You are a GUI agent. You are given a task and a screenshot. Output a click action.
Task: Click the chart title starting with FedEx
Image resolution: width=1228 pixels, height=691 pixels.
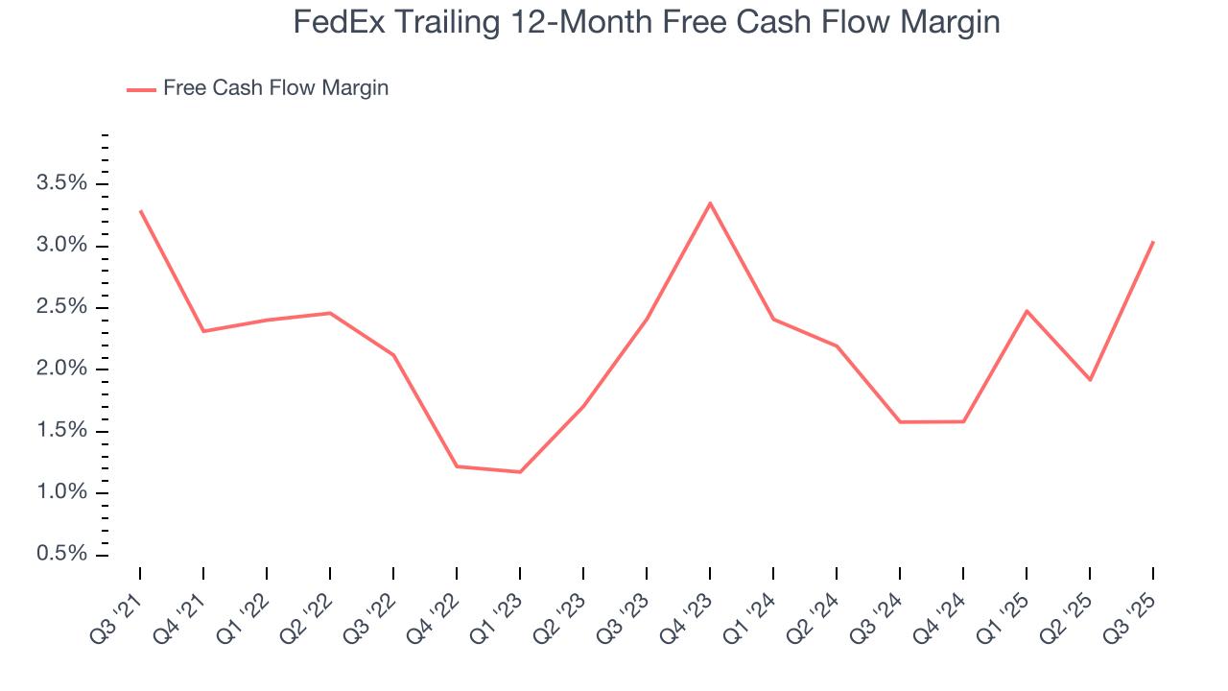coord(647,22)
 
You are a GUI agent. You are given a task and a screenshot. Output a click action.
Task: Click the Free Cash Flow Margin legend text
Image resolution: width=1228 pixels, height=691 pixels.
coord(275,88)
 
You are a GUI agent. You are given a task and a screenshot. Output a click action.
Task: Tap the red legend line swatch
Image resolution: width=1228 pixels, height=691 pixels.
coord(141,89)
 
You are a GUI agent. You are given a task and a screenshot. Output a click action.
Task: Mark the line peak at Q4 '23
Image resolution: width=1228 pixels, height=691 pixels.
coord(710,203)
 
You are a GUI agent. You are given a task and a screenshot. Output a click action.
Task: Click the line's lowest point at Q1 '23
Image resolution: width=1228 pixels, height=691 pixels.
coord(520,472)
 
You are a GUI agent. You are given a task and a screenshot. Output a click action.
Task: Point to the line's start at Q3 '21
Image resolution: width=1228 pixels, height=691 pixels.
coord(140,210)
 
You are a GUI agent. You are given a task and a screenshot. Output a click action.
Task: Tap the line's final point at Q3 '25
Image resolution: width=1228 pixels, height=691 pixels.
coord(1153,241)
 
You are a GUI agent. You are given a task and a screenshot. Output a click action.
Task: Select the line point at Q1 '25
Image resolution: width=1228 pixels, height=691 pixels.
coord(1027,311)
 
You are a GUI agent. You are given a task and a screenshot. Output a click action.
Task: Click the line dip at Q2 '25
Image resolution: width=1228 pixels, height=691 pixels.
coord(1090,380)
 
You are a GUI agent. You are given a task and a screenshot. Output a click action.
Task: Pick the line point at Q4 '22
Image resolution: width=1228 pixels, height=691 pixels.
coord(457,466)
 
